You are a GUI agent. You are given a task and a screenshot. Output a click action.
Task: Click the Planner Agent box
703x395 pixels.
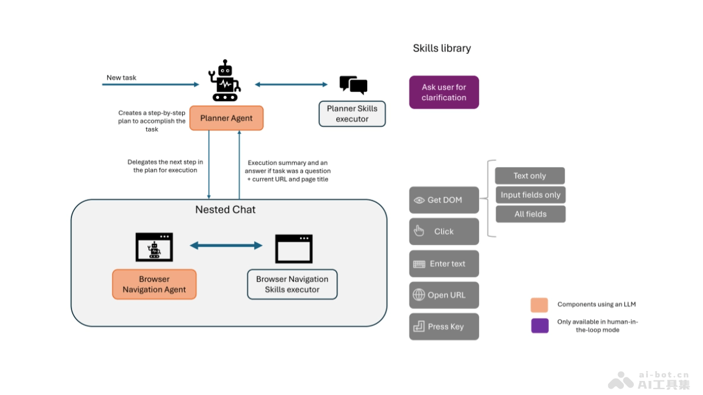coord(226,118)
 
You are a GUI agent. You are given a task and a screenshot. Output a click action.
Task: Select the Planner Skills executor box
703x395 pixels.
coord(352,114)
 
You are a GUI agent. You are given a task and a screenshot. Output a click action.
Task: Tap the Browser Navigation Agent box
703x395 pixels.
coord(154,284)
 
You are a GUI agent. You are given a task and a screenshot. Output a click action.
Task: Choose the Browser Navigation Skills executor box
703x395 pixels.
coord(292,284)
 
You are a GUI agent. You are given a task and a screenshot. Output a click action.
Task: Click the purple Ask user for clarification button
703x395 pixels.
coord(443,92)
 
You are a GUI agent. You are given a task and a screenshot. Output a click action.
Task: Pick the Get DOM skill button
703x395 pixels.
coord(443,200)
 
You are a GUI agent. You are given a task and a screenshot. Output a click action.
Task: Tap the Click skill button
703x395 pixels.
coord(443,232)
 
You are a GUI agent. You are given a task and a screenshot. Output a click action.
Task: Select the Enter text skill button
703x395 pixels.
coord(443,264)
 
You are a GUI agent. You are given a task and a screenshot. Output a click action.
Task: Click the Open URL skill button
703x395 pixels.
coord(443,296)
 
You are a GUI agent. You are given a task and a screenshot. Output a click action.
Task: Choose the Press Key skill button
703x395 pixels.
coord(443,327)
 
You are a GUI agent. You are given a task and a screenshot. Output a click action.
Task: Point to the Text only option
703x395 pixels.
coord(530,176)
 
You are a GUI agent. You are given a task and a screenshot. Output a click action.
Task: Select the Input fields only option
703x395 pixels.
coord(530,195)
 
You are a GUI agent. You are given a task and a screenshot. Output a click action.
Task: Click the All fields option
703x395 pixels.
coord(530,214)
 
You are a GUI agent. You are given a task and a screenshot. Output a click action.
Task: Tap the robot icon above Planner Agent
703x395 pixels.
coord(224,81)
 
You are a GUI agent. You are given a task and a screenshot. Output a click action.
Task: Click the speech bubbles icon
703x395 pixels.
coord(353,85)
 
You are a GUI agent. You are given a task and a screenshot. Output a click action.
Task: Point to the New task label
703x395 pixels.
coord(121,77)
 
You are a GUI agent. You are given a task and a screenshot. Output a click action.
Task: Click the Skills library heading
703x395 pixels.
coord(442,49)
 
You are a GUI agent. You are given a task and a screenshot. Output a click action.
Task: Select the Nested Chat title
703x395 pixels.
coord(226,209)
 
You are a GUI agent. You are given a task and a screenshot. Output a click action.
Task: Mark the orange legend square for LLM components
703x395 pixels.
coord(540,305)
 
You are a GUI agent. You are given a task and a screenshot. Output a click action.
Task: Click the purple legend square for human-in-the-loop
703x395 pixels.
coord(540,326)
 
